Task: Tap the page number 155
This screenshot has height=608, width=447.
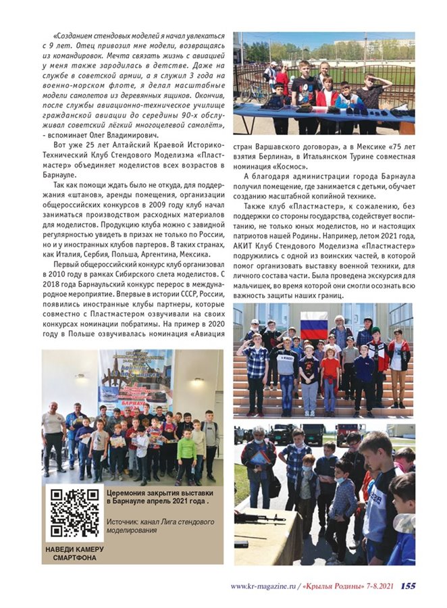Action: point(407,586)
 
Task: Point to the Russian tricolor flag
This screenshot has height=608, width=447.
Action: point(314,325)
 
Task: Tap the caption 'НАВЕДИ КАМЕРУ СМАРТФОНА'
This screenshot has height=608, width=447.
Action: point(74,553)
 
